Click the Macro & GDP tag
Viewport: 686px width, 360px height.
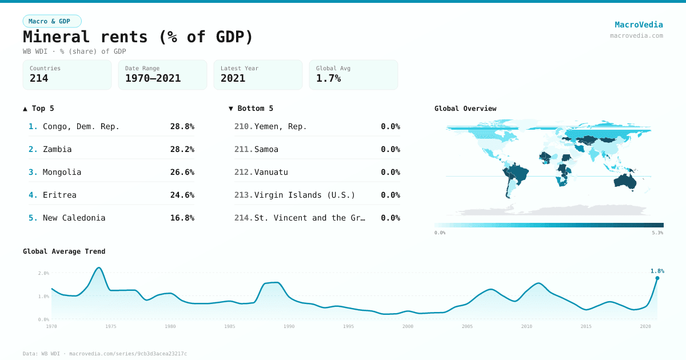52,21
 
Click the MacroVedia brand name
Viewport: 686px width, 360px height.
639,25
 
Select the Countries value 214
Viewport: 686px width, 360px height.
39,78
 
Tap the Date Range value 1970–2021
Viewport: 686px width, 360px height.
153,78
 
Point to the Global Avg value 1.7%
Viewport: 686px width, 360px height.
328,78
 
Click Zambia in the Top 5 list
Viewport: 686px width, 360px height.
57,149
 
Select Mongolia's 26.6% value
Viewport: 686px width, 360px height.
182,172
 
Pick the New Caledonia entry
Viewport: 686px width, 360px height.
74,218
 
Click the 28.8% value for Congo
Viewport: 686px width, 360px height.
182,126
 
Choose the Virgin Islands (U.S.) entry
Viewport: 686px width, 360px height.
304,195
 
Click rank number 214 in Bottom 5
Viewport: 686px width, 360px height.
243,218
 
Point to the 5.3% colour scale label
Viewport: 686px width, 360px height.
657,233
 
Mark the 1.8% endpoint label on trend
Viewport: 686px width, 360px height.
657,271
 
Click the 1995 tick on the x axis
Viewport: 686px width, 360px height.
348,327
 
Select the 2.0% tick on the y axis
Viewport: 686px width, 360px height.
43,273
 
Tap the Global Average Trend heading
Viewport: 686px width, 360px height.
64,251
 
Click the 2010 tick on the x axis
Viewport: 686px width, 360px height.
527,327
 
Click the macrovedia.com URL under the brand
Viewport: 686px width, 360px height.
636,35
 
